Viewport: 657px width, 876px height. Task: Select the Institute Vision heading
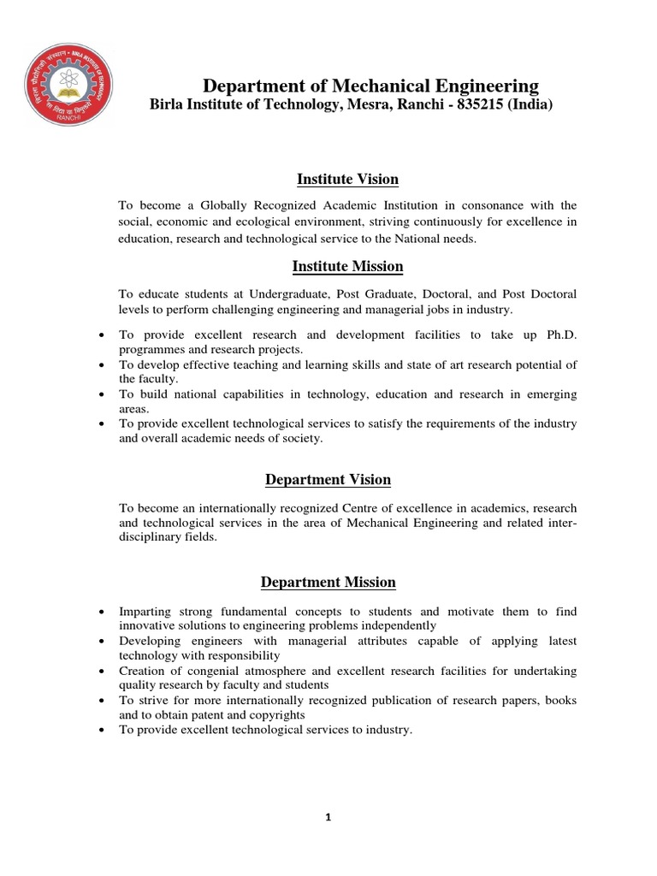pos(347,179)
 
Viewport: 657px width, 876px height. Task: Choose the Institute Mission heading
pos(347,266)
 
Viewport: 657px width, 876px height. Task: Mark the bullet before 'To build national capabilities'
pos(103,394)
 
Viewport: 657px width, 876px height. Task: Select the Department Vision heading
pos(328,480)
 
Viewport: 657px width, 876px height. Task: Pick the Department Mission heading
pos(328,583)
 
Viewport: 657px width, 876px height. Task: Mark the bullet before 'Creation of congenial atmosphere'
pos(103,671)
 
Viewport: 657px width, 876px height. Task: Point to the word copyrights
pos(276,714)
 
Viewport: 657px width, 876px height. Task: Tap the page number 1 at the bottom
pos(328,817)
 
